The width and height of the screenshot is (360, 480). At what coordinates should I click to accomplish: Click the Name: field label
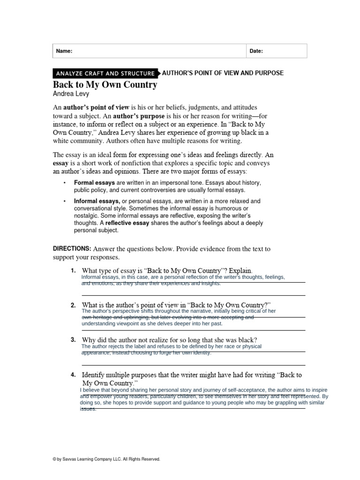tap(64, 51)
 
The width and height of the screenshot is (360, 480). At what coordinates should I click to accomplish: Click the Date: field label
tap(256, 51)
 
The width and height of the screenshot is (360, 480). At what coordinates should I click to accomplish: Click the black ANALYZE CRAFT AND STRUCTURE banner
tap(105, 73)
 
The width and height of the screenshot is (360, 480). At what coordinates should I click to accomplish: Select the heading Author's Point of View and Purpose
tap(223, 73)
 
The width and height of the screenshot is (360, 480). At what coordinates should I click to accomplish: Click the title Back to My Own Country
tap(105, 85)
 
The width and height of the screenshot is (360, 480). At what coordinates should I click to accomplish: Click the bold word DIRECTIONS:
tap(72, 248)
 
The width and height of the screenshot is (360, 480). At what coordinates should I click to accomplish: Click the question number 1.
tap(73, 271)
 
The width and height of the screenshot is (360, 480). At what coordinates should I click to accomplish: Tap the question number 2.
tap(73, 305)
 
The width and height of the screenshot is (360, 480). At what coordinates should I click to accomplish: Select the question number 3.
tap(73, 339)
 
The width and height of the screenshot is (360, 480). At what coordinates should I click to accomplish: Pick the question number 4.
tap(73, 375)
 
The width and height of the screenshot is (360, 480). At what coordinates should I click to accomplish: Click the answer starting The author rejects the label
tap(171, 347)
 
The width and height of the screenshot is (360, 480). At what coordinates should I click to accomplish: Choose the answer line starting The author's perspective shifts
tap(178, 311)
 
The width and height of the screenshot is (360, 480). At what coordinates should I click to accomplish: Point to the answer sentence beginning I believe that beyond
tap(203, 390)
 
